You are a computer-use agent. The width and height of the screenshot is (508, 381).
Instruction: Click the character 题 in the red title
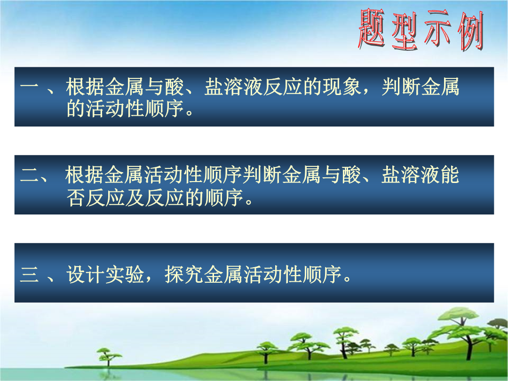coord(372,29)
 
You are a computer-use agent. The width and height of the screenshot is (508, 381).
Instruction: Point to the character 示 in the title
coord(438,29)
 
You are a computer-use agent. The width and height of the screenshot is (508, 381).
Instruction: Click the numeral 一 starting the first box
coord(29,87)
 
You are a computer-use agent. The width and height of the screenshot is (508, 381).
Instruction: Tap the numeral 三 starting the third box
coord(29,275)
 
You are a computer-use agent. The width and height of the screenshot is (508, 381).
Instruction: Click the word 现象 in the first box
coord(342,87)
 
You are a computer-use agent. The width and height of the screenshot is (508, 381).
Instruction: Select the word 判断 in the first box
coord(401,87)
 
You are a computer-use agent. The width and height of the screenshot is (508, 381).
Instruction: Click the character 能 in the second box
coord(449,175)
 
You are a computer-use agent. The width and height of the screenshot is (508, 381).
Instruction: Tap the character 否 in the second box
coord(76,197)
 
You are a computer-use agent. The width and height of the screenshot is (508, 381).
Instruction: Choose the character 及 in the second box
coord(135,197)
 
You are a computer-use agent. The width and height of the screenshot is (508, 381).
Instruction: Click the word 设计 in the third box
coord(86,275)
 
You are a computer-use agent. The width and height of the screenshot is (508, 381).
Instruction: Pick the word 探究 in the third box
coord(184,275)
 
